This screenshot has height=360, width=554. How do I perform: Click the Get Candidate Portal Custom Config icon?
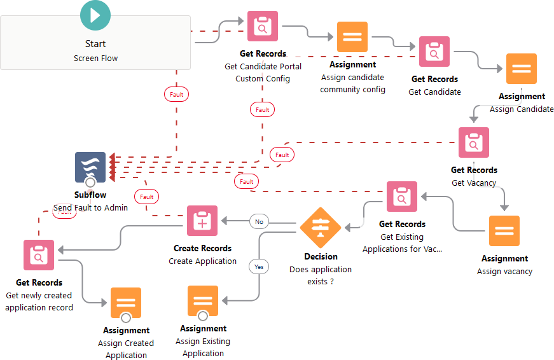click(263, 27)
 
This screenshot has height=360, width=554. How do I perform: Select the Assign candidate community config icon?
click(352, 37)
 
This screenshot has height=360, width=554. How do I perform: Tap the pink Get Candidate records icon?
click(434, 52)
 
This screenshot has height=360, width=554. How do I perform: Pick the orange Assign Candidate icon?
click(522, 69)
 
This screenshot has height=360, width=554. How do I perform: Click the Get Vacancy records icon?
click(474, 142)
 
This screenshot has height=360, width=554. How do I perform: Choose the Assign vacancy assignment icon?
click(504, 231)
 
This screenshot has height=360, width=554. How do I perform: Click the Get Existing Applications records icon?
click(402, 197)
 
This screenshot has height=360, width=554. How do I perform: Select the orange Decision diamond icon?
click(321, 226)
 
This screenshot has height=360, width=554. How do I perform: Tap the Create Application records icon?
click(202, 221)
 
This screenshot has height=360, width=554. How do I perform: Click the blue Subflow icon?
click(90, 168)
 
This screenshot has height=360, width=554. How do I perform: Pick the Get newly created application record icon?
click(39, 255)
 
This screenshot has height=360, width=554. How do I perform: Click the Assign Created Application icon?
click(126, 303)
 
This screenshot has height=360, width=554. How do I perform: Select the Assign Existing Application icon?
click(203, 301)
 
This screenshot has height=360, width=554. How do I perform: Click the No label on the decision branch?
click(259, 222)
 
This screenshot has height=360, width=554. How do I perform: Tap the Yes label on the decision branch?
click(259, 267)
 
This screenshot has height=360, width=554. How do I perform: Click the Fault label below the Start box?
click(176, 95)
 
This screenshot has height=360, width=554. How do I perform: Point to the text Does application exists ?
click(321, 275)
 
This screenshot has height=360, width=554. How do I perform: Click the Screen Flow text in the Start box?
click(95, 59)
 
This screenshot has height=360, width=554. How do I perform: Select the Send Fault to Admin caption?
click(90, 207)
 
